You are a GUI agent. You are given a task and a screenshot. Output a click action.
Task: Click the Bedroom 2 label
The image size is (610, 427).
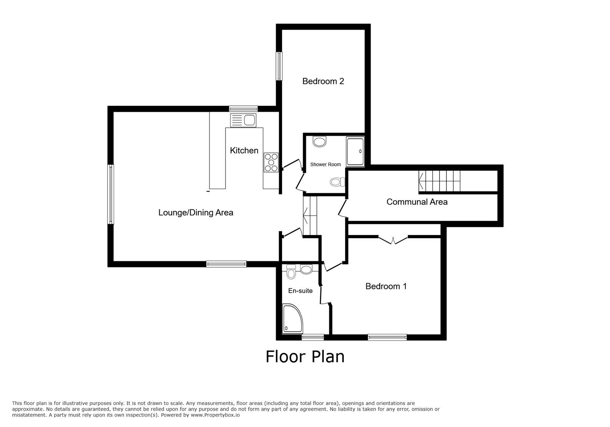pyautogui.click(x=323, y=81)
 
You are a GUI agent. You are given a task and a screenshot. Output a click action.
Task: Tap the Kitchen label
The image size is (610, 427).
pyautogui.click(x=244, y=150)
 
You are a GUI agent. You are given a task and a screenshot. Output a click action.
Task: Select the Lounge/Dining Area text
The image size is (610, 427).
pyautogui.click(x=196, y=213)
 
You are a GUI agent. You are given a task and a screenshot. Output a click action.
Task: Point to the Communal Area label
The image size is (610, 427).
pyautogui.click(x=417, y=202)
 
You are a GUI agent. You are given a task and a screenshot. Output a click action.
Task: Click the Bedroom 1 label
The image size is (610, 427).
pyautogui.click(x=386, y=287)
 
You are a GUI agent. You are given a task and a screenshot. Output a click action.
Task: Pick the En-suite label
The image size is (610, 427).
pyautogui.click(x=300, y=291)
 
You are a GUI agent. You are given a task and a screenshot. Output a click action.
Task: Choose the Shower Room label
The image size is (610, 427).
pyautogui.click(x=326, y=164)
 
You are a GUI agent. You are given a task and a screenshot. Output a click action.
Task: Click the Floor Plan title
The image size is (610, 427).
pyautogui.click(x=305, y=357)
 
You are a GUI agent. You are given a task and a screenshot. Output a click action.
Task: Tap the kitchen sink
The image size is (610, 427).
pyautogui.click(x=243, y=121)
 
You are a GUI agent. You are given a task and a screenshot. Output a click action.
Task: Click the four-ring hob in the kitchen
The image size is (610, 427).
pyautogui.click(x=271, y=163)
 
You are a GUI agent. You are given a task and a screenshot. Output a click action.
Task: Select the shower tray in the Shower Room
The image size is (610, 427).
pyautogui.click(x=355, y=151)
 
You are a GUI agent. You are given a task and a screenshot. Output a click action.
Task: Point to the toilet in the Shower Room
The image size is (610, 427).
pyautogui.click(x=337, y=182)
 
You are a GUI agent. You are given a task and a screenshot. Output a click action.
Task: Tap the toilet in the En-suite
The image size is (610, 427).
pyautogui.click(x=291, y=272)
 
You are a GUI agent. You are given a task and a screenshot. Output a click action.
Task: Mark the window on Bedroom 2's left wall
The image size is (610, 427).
pyautogui.click(x=279, y=66)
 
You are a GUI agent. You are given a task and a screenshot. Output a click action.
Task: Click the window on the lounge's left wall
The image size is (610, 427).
pyautogui.click(x=111, y=194)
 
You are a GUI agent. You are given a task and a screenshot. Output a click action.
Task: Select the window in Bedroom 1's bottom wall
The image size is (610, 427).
pyautogui.click(x=387, y=337)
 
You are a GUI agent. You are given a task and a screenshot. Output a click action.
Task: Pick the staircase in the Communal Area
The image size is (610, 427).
pyautogui.click(x=440, y=181)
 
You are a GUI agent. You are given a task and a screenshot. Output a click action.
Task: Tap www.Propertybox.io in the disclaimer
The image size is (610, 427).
pyautogui.click(x=215, y=415)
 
